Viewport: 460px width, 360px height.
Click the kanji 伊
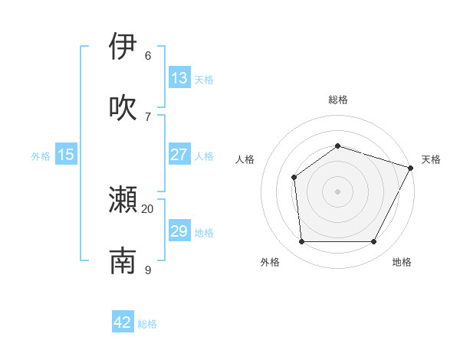[x=123, y=46]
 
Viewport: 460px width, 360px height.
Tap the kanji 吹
[x=123, y=107]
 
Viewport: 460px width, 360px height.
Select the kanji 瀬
[x=123, y=200]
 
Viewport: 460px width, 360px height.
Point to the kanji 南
[x=123, y=260]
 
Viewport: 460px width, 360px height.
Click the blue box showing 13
[x=179, y=77]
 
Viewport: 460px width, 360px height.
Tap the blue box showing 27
[x=179, y=155]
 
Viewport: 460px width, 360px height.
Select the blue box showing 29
[x=179, y=231]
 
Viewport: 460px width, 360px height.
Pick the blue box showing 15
[x=66, y=155]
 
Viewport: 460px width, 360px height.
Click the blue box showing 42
[x=123, y=322]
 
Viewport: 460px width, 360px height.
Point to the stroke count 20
[x=148, y=208]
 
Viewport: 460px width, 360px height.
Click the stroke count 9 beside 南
[x=148, y=270]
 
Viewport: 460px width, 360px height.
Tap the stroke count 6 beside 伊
[x=148, y=55]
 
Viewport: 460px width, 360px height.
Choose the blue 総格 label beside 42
[x=147, y=324]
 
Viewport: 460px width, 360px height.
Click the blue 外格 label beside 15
[x=41, y=156]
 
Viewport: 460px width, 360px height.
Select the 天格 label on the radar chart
[x=431, y=159]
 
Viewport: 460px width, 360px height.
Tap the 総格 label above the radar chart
[x=338, y=100]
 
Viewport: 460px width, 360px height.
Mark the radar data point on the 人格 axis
[x=294, y=178]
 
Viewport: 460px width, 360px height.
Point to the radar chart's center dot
[x=338, y=191]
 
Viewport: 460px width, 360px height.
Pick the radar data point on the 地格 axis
[x=374, y=242]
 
